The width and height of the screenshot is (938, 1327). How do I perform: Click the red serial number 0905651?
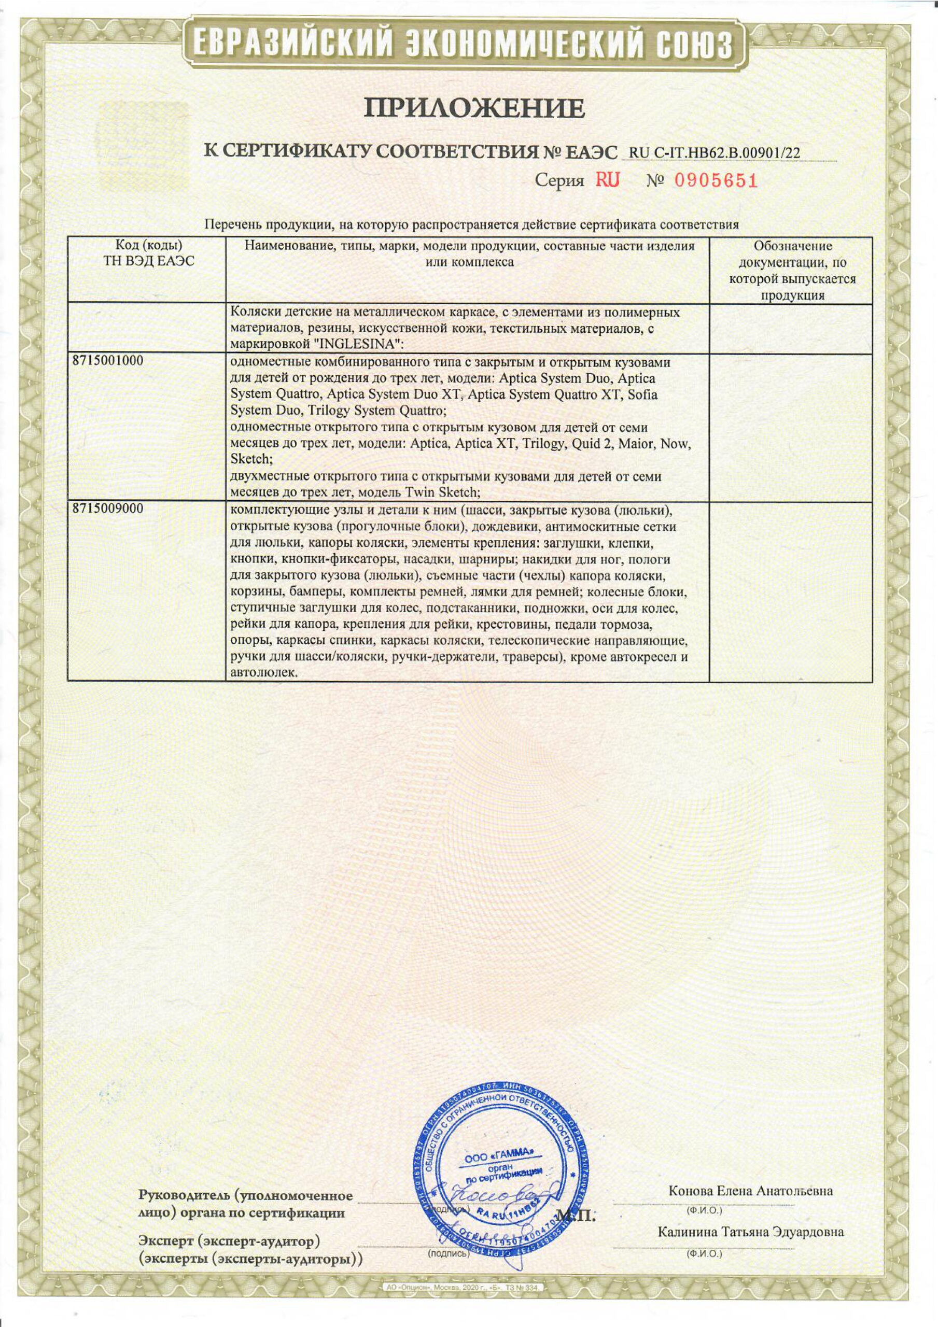[x=716, y=181]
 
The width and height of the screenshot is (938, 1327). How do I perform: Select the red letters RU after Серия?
[x=608, y=181]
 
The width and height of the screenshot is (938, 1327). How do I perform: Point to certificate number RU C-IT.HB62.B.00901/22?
[x=714, y=152]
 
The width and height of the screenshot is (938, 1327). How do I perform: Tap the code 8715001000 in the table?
[x=108, y=361]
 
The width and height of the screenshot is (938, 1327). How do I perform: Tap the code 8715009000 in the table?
[x=108, y=509]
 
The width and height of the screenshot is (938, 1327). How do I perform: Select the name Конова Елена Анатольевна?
[x=750, y=1175]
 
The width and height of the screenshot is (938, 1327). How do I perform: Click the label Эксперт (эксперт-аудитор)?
[x=230, y=1241]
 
